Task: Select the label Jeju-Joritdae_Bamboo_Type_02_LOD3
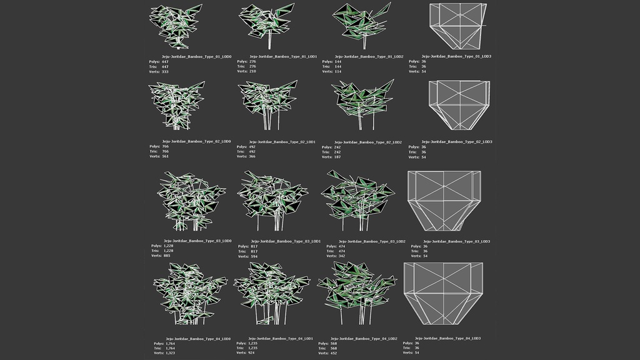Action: [457, 142]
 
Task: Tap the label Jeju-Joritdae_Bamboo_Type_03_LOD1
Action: [286, 241]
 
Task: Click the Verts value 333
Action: [165, 72]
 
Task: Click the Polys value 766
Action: [165, 146]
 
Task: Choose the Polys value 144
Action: [339, 61]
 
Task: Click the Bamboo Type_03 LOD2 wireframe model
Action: [358, 199]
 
